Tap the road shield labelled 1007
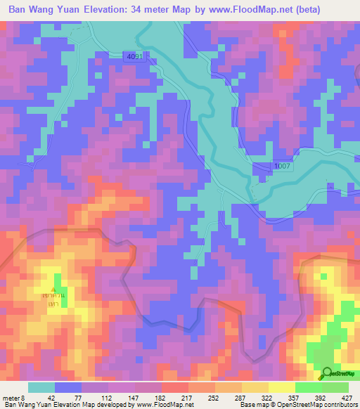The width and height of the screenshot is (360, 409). tap(283, 165)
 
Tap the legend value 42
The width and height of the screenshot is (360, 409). tap(54, 397)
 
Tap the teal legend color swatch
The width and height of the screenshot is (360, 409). tap(41, 387)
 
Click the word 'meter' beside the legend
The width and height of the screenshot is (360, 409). tap(10, 397)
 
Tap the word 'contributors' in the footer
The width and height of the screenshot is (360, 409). tap(340, 405)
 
